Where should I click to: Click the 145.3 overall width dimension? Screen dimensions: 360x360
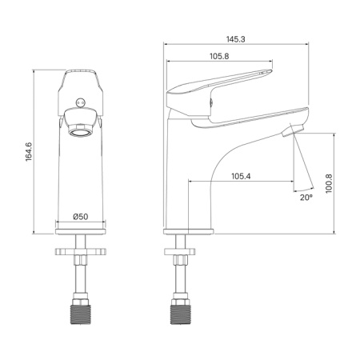pos(237,38)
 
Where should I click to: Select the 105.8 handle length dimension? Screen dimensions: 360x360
pos(219,56)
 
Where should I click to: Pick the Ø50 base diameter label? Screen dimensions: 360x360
pos(80,217)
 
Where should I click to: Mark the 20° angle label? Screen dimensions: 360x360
pos(305,196)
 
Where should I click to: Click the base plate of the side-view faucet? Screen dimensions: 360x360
pos(190,231)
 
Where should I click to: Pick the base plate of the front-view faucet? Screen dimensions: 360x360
pos(80,231)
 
